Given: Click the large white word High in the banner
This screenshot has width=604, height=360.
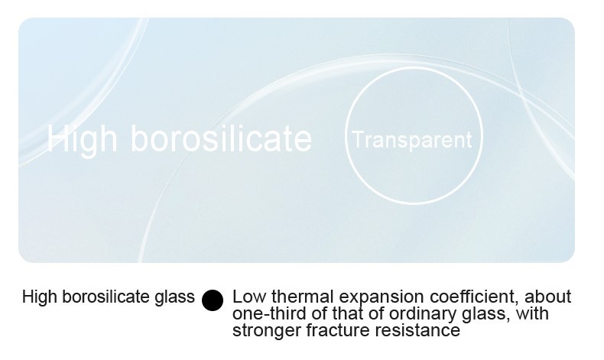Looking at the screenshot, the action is tap(82, 139).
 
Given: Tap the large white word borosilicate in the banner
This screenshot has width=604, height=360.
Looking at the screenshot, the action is tap(221, 138).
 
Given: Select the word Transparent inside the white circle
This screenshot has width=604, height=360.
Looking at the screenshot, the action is tap(412, 139).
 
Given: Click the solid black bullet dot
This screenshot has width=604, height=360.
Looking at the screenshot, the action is tap(213, 300).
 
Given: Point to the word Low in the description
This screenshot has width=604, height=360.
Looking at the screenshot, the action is tap(250, 297).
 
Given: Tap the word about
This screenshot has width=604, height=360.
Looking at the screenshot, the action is tap(547, 297).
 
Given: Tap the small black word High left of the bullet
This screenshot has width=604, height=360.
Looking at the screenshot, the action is tap(40, 297).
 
